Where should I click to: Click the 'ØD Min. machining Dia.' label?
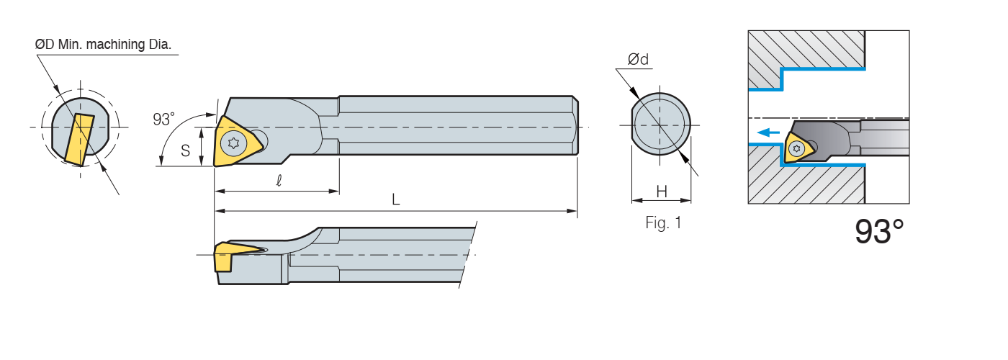103,45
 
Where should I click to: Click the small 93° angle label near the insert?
164,120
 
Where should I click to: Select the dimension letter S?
185,150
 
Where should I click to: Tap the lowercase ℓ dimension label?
279,181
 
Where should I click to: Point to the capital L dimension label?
396,199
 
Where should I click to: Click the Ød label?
638,59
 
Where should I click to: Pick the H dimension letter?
662,192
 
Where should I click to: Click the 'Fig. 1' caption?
663,222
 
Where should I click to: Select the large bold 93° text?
879,232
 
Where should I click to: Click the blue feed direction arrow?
769,132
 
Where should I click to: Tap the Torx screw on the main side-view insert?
233,143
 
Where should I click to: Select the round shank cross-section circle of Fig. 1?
661,124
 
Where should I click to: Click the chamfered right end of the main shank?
575,125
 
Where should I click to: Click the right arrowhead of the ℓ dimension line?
334,192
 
